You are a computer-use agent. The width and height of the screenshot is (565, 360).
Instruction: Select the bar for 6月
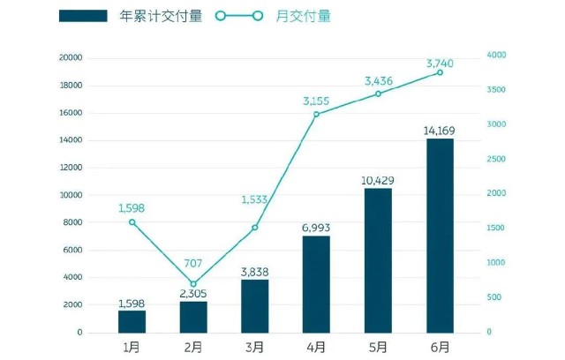pos(440,236)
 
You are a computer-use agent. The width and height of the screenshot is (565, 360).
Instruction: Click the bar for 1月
pos(132,321)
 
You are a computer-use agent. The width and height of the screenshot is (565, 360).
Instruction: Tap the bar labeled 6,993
pos(316,284)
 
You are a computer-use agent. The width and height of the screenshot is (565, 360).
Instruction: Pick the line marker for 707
pos(193,284)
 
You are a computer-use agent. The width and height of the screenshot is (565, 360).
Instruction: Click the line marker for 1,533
pos(255,227)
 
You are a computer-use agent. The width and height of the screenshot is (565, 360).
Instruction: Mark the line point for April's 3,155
pos(316,114)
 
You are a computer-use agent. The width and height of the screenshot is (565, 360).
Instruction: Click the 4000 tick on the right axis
pos(496,55)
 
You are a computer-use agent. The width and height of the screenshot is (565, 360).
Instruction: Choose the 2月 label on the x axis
pos(193,348)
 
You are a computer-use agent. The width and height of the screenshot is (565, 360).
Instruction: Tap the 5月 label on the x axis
pos(378,348)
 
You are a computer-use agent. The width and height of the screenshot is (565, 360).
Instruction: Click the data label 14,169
pos(440,130)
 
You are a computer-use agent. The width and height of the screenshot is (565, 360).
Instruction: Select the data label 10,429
pos(378,180)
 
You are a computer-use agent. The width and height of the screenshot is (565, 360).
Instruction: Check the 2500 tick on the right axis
pos(496,159)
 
